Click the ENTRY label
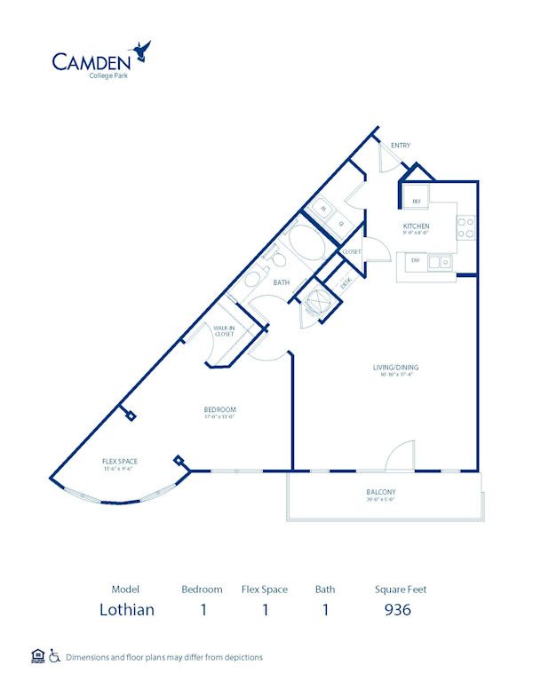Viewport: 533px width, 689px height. [400, 146]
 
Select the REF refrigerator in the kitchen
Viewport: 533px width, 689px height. [416, 202]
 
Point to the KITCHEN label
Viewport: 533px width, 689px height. [416, 226]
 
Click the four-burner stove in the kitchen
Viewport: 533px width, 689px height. [467, 228]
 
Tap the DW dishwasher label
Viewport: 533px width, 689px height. [414, 262]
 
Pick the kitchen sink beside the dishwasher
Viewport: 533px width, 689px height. [439, 262]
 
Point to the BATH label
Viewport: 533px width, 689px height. [282, 283]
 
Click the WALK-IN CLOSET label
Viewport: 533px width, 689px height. [223, 331]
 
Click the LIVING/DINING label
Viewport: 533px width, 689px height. [395, 368]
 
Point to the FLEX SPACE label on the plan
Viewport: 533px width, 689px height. [119, 461]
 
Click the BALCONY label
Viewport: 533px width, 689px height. [380, 492]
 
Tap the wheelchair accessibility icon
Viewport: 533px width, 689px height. [54, 657]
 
